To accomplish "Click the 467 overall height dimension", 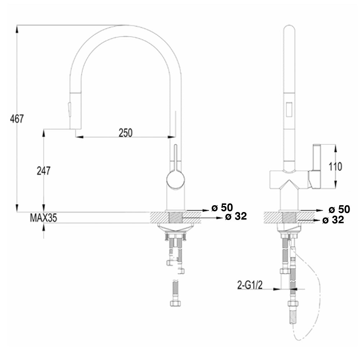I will pyautogui.click(x=17, y=118).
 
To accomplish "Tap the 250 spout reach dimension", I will pyautogui.click(x=126, y=133).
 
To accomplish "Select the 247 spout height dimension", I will pyautogui.click(x=44, y=171).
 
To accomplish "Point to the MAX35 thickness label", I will pyautogui.click(x=43, y=218).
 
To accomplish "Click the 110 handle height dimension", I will pyautogui.click(x=336, y=166).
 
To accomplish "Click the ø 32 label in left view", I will pyautogui.click(x=236, y=216).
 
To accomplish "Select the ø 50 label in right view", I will pyautogui.click(x=339, y=210).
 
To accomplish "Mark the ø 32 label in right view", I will pyautogui.click(x=333, y=220).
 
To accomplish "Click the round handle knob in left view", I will pyautogui.click(x=175, y=179).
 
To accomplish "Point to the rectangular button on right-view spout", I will pyautogui.click(x=289, y=109).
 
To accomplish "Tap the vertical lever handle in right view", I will pyautogui.click(x=316, y=158).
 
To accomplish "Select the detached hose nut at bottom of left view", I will pyautogui.click(x=176, y=303).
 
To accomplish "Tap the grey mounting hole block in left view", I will pyautogui.click(x=175, y=217).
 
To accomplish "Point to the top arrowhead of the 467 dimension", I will pyautogui.click(x=17, y=28).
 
